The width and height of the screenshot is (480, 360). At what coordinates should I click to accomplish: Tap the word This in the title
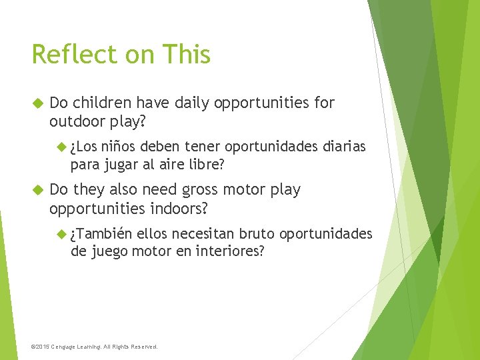185,55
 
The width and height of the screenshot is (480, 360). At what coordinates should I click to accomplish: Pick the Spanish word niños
119,147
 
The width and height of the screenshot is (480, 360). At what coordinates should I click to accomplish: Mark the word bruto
257,234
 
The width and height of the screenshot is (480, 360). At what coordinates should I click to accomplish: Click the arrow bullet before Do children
37,103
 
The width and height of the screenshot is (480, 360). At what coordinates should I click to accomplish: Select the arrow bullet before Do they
37,190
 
